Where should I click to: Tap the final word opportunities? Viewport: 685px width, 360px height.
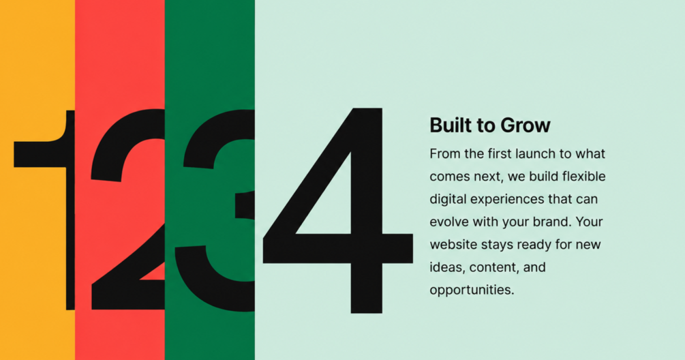pyautogui.click(x=472, y=290)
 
